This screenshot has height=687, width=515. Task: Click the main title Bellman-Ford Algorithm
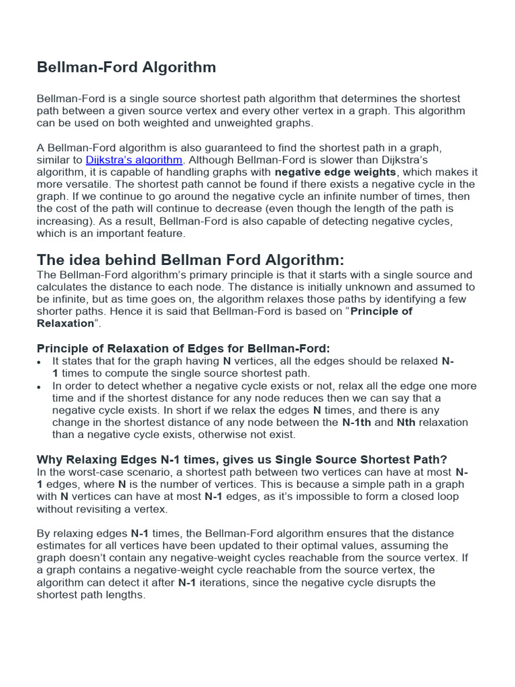126,67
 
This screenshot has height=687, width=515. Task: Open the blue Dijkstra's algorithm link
134,160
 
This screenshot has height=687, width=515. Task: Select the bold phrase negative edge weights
335,172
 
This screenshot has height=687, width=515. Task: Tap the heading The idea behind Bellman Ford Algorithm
190,260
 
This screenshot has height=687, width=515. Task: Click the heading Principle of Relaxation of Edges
183,348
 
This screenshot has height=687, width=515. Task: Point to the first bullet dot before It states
40,362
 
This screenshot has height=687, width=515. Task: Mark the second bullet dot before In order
40,387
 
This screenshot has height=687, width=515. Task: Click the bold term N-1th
357,423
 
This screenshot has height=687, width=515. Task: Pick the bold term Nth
406,423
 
